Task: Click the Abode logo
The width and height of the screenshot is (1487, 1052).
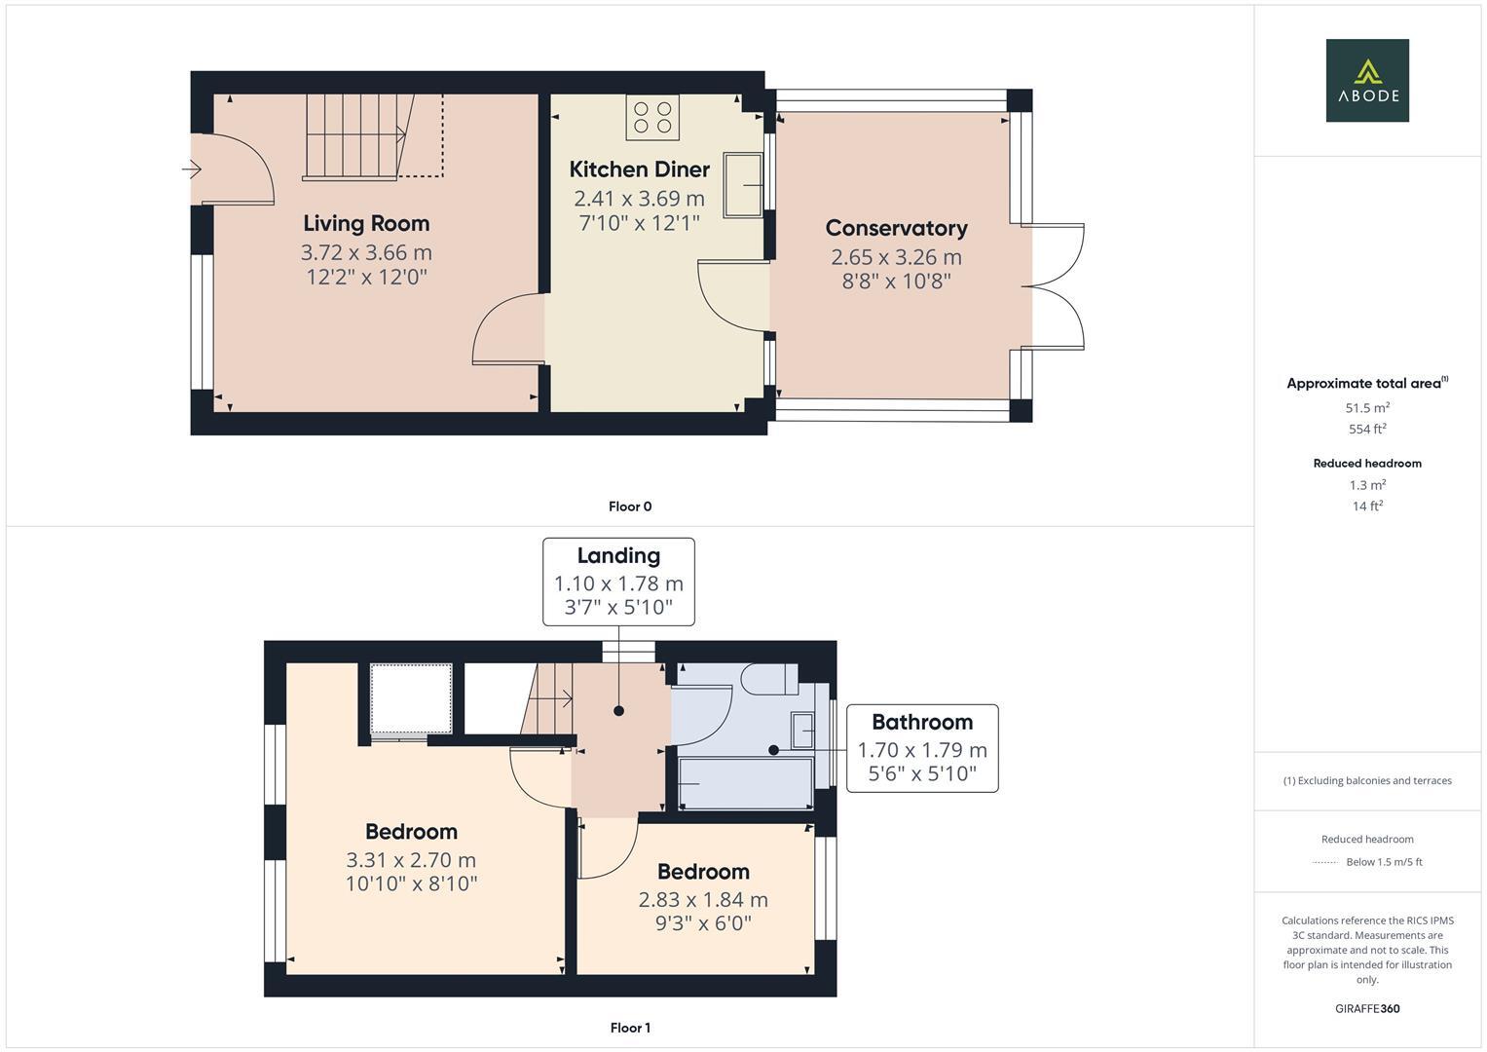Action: point(1366,80)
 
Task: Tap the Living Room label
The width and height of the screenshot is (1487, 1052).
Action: point(366,223)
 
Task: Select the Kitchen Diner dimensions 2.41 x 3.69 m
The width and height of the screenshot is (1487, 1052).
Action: point(639,199)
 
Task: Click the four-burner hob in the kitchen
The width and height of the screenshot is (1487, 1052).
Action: point(652,117)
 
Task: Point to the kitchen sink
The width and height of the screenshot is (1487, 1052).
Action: point(744,184)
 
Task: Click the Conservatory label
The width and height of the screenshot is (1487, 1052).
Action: point(896,228)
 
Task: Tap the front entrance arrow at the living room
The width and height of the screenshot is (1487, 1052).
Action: point(191,170)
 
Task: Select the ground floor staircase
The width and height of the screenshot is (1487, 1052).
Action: point(355,136)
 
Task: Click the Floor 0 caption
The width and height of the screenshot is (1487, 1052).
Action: point(630,507)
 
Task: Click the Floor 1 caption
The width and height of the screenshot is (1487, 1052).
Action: point(630,1028)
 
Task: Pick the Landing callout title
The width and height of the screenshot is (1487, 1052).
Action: point(618,555)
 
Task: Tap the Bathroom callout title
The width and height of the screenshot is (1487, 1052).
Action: point(921,722)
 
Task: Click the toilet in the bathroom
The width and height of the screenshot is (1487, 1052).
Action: point(769,679)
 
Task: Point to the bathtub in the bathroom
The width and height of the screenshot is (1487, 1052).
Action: point(745,784)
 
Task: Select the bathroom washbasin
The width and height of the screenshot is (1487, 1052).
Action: point(802,730)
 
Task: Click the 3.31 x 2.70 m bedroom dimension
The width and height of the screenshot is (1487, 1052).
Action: point(411,860)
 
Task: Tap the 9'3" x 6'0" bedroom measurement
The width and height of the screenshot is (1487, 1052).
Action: point(703,923)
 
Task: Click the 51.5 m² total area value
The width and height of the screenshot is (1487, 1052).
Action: point(1367,408)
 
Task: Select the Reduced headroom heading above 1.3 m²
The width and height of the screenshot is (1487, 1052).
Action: point(1367,464)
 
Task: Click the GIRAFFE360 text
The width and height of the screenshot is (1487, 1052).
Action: point(1367,1008)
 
